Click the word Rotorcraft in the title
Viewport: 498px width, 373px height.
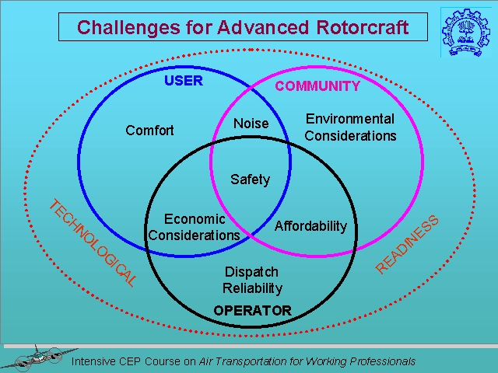point(356,28)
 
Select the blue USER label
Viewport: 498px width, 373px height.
point(183,81)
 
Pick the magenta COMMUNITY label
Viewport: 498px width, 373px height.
point(317,86)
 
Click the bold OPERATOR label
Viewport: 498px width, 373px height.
point(252,311)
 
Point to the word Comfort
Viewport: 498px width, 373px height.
point(149,131)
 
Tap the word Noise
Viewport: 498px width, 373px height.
point(251,124)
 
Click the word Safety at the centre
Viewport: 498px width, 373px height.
point(250,180)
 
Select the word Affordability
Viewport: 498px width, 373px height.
point(310,226)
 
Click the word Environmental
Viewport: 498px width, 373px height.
point(350,119)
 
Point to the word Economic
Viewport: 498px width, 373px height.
point(195,219)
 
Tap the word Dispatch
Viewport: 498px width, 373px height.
point(251,272)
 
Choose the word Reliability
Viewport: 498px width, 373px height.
point(252,288)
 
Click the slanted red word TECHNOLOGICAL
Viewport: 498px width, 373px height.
point(92,243)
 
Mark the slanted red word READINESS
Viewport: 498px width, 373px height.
point(408,244)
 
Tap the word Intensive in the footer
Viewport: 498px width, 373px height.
point(95,361)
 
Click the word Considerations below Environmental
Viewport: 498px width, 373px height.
point(350,136)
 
